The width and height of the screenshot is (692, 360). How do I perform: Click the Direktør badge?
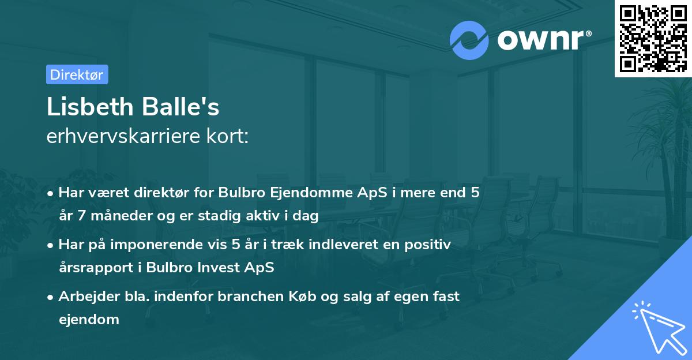click(77, 74)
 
